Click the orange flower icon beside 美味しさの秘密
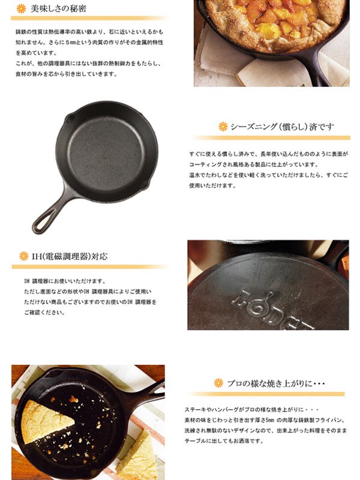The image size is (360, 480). (x=21, y=8)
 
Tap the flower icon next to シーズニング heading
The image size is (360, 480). (x=223, y=127)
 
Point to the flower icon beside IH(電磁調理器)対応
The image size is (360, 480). (x=23, y=256)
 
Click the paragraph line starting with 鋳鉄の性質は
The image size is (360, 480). (x=88, y=31)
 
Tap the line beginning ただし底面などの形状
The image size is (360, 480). (x=88, y=291)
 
